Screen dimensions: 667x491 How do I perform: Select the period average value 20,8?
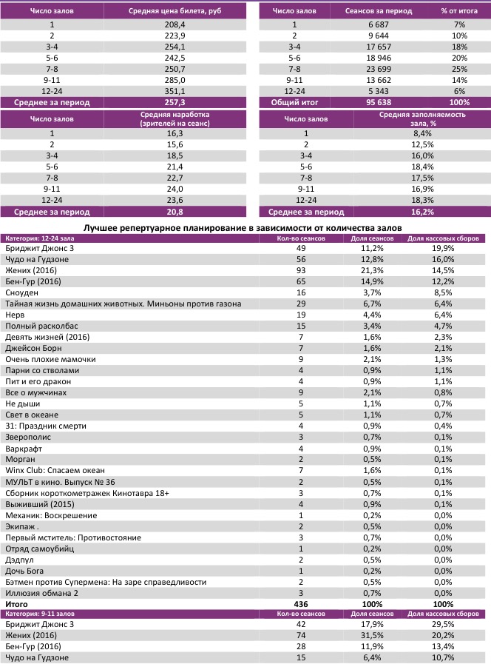pyautogui.click(x=176, y=211)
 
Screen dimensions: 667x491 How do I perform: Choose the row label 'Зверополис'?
pyautogui.click(x=28, y=438)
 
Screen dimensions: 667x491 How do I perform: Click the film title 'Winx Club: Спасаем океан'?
pyautogui.click(x=55, y=470)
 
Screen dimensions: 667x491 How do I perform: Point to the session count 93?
pyautogui.click(x=301, y=270)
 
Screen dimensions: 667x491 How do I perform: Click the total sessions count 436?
pyautogui.click(x=301, y=604)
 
